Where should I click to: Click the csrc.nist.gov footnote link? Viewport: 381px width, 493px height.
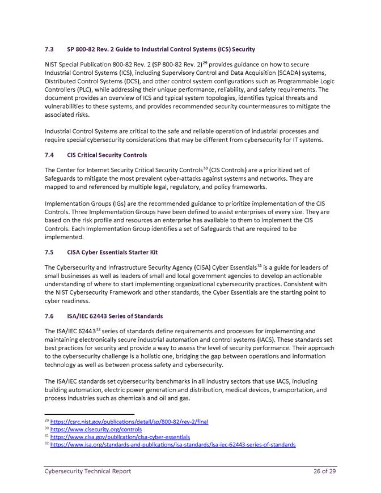coord(129,422)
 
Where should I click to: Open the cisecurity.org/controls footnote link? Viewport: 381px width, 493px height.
coord(96,430)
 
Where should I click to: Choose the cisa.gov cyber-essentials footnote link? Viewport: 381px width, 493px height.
coord(120,437)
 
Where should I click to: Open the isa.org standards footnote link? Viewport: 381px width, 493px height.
coord(172,445)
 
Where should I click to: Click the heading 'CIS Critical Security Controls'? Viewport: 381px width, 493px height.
coord(107,155)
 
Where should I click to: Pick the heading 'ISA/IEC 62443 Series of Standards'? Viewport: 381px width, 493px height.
coord(115,316)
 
